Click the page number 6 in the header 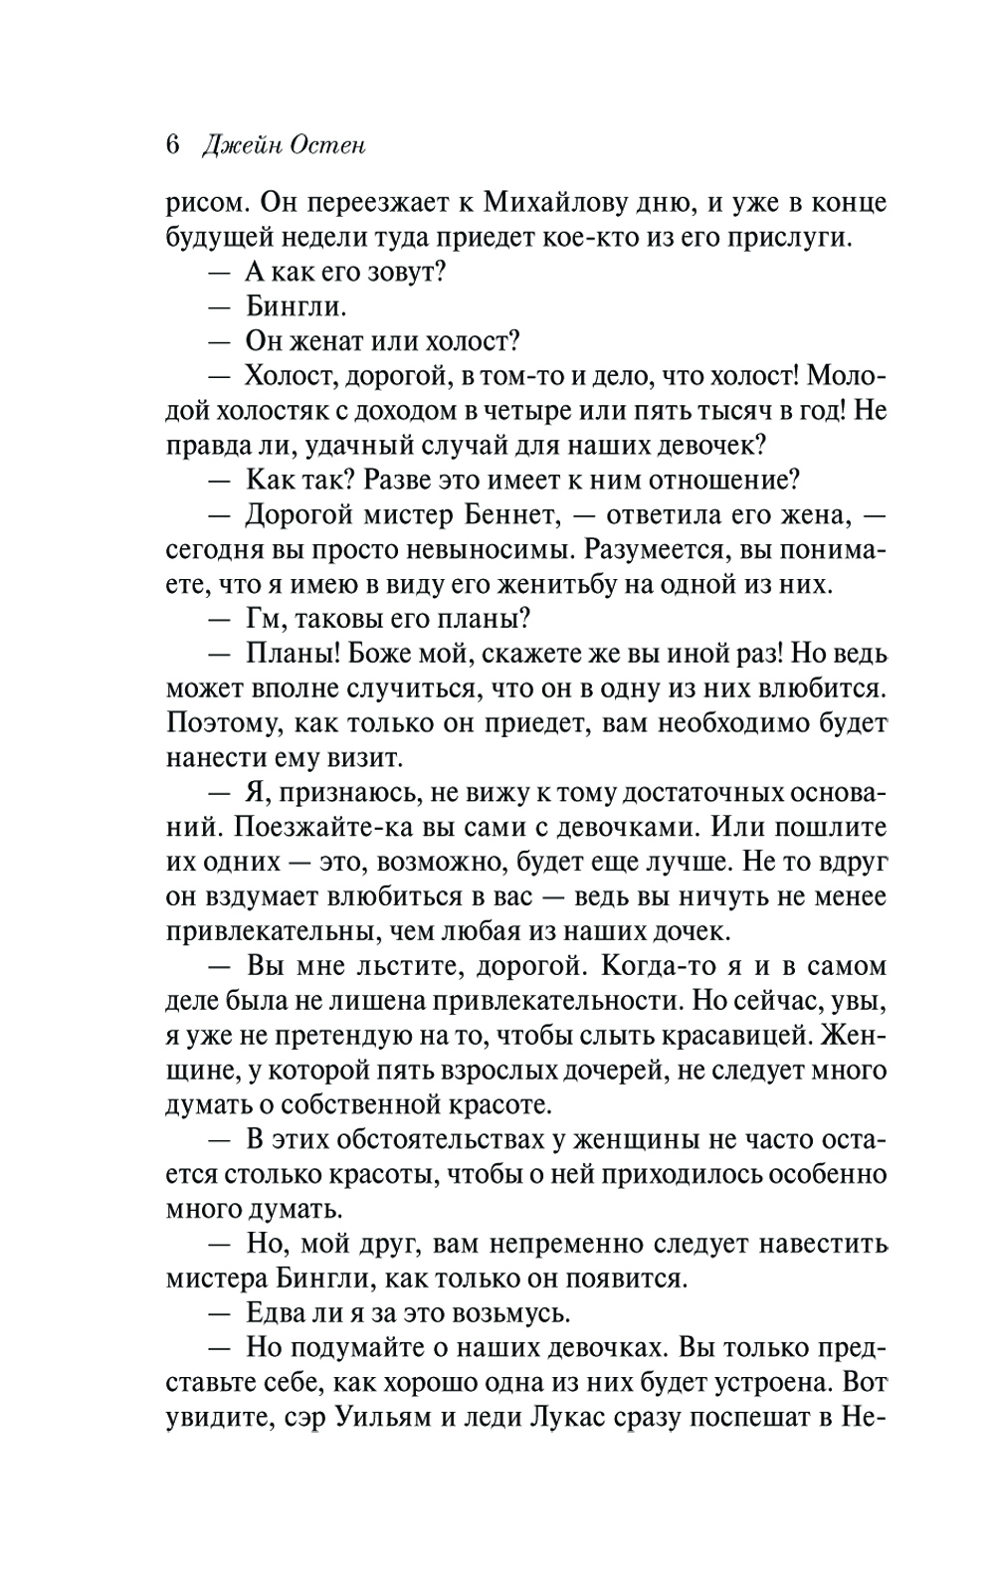pyautogui.click(x=173, y=145)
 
